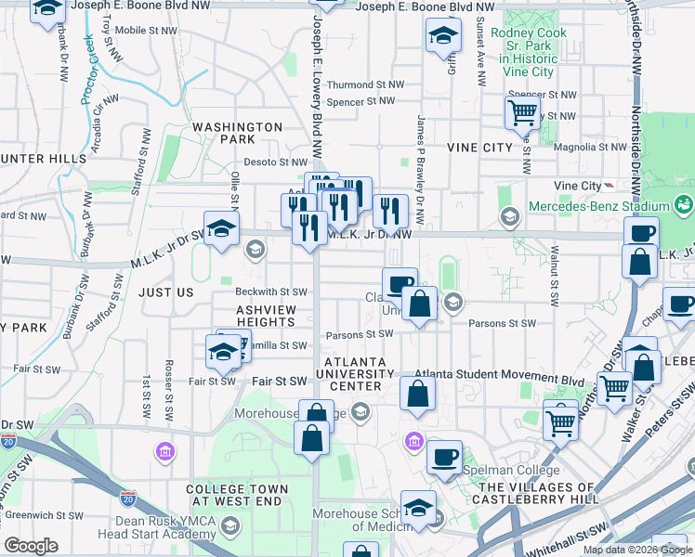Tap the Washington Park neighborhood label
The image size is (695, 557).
tap(237, 133)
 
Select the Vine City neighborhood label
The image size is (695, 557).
tap(479, 148)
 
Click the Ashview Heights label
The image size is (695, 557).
tap(265, 316)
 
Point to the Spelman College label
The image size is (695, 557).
tap(501, 471)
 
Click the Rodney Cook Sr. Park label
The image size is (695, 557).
tap(528, 52)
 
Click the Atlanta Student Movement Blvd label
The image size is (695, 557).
tap(498, 380)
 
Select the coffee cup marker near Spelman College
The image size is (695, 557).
tap(445, 457)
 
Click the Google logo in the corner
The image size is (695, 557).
tap(32, 546)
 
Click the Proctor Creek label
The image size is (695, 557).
tap(90, 69)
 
